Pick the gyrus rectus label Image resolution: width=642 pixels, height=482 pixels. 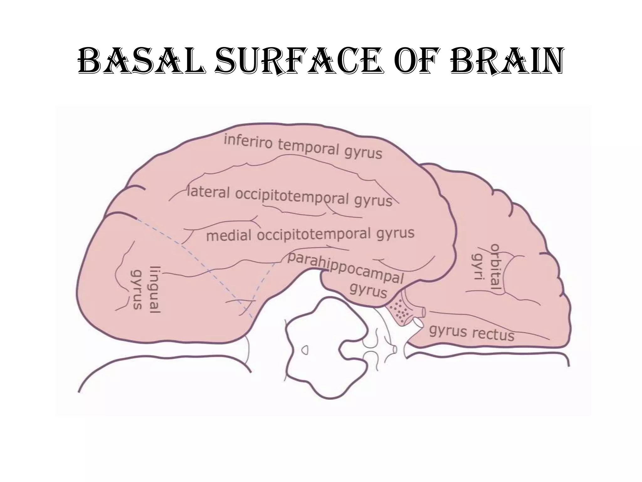(472, 332)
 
